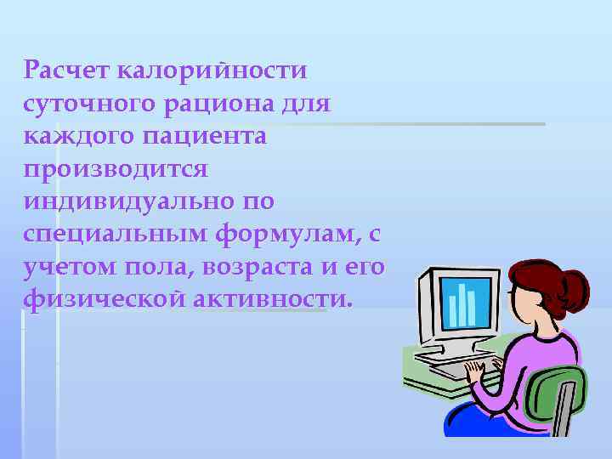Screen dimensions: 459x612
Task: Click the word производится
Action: pyautogui.click(x=116, y=169)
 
